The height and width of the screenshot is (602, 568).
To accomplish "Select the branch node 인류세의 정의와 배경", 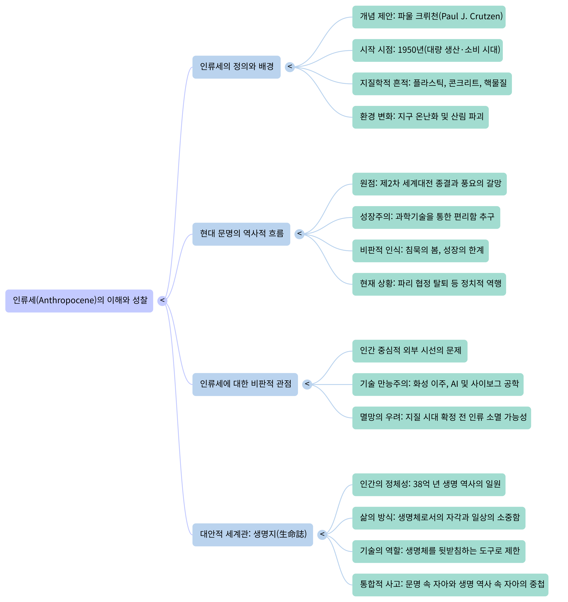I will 237,67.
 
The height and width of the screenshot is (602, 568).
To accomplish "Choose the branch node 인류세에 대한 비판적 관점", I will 245,384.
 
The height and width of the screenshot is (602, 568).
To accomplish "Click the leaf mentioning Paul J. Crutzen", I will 429,17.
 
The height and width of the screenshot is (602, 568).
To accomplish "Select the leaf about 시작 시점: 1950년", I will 427,50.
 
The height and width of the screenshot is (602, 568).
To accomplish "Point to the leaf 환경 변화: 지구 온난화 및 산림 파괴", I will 420,117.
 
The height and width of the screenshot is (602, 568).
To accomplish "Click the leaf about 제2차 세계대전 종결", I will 429,184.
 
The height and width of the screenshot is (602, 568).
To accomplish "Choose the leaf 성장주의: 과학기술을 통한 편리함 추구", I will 426,217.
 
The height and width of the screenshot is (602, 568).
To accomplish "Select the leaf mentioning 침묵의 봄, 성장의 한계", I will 420,251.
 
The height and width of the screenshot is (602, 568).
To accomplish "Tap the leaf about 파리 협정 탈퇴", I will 429,284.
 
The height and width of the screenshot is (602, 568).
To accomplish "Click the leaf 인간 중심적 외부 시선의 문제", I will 410,351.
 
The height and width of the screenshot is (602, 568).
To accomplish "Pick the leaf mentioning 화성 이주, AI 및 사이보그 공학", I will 438,384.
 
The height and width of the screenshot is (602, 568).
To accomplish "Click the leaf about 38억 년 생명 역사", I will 429,485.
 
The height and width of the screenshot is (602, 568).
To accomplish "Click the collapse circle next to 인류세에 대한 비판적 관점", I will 307,384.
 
